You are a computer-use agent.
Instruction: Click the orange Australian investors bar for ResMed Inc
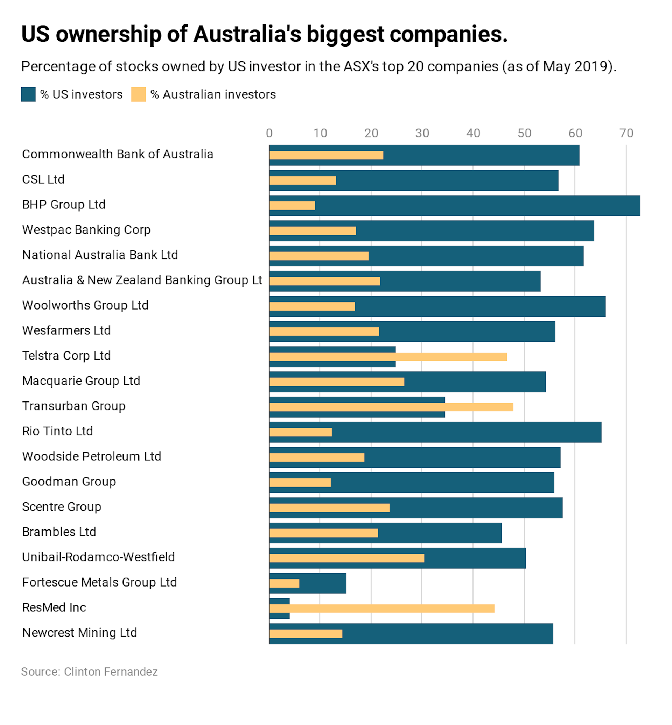pos(382,608)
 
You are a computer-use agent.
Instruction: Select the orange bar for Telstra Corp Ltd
pos(388,356)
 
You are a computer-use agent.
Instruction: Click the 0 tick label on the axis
pos(269,133)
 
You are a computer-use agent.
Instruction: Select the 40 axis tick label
pos(473,133)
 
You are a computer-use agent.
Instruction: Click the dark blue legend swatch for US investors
pos(28,94)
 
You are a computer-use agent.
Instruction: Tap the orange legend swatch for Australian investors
pos(139,94)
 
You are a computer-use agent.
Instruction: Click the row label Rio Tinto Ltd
pos(57,431)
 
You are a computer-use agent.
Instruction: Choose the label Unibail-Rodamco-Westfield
pos(99,557)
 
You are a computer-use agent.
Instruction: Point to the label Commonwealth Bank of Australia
pos(118,155)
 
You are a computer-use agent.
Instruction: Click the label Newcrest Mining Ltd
pos(80,633)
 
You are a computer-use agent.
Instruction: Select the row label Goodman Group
pos(69,482)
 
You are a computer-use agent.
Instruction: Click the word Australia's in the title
pos(247,35)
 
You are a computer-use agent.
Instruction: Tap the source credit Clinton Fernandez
pos(111,671)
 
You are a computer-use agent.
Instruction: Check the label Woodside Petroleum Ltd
pos(92,456)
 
